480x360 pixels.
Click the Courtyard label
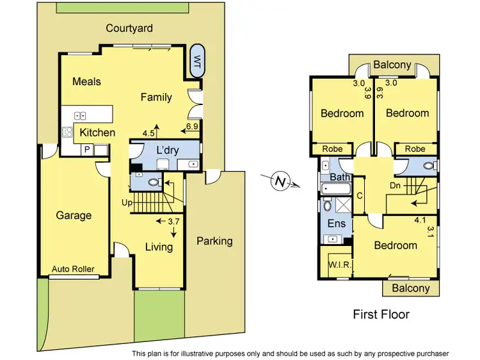[x=129, y=28]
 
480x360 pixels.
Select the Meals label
[x=86, y=81]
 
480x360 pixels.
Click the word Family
[x=156, y=97]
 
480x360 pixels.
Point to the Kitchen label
[x=97, y=133]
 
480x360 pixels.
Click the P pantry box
[x=87, y=149]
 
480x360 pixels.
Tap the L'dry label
[x=167, y=150]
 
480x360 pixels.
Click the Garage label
[x=74, y=215]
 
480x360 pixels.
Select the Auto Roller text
[x=73, y=269]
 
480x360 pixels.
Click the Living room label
[x=158, y=247]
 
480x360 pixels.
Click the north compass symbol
[x=280, y=182]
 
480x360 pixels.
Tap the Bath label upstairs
[x=339, y=177]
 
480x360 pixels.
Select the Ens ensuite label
[x=337, y=224]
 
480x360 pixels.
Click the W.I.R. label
[x=338, y=265]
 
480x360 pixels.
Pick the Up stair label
[x=127, y=202]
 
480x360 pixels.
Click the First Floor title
[x=381, y=315]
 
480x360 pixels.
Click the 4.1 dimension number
[x=420, y=220]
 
